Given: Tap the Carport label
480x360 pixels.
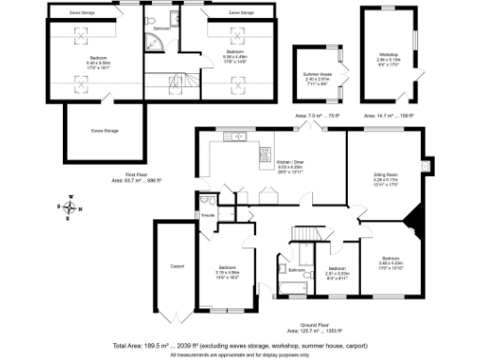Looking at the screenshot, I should pos(175,266).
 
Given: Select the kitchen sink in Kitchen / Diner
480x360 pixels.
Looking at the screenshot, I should pos(237,138).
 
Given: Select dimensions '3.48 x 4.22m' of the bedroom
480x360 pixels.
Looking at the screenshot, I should pos(391,262).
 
